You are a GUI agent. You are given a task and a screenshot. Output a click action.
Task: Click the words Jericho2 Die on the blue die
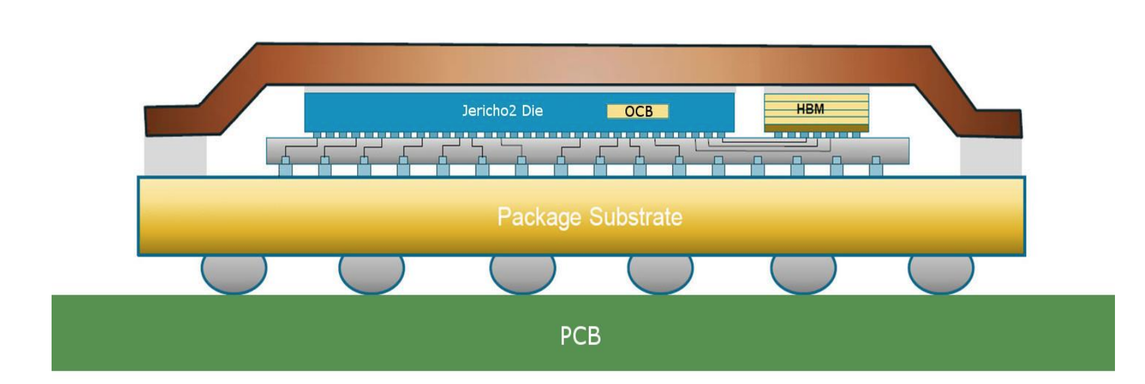pos(502,110)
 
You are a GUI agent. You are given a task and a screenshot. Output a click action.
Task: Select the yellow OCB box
pos(638,112)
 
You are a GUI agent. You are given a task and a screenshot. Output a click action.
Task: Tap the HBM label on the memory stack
pos(810,109)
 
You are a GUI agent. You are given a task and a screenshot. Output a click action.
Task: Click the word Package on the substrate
pos(539,217)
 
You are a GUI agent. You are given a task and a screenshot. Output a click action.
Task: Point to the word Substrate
pos(635,217)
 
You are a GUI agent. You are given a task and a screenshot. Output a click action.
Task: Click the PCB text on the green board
pos(580,336)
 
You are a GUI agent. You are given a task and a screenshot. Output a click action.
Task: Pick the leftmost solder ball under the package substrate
pos(234,274)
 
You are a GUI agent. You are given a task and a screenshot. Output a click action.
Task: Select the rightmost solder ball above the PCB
pos(941,274)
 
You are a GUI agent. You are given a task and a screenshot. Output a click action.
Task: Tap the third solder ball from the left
pos(522,274)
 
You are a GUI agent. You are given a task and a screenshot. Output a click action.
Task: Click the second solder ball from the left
pos(371,274)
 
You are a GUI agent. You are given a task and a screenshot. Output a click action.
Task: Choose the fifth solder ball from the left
pos(803,274)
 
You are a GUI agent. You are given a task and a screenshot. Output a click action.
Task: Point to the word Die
pos(532,110)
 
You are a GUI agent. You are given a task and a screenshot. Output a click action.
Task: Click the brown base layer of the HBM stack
pos(816,129)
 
